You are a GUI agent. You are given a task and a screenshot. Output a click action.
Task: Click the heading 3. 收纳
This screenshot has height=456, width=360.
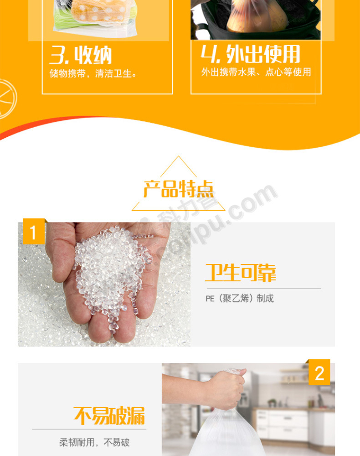point(81,55)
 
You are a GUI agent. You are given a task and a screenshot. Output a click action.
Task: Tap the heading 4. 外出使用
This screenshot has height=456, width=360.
point(251,54)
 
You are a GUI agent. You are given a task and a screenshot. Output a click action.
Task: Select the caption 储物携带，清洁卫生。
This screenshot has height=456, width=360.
point(93,73)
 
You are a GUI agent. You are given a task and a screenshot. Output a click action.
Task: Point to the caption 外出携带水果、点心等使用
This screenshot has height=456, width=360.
point(256,72)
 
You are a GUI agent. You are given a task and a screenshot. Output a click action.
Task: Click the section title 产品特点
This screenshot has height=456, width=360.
point(179,189)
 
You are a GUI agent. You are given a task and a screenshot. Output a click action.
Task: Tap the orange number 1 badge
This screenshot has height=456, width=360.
point(34,232)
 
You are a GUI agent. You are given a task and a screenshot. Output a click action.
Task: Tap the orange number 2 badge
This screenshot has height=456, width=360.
point(319,372)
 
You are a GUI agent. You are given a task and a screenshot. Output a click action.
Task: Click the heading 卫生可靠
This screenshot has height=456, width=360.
point(241,273)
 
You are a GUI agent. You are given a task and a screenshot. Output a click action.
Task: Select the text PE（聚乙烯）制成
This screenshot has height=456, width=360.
point(240,298)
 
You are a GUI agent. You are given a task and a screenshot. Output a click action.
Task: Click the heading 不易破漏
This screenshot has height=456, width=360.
point(109,416)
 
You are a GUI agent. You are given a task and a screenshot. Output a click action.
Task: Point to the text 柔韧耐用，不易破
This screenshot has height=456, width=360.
point(94,442)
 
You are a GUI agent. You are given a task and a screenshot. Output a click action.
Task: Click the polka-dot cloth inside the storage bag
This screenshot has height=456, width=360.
point(99,11)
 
